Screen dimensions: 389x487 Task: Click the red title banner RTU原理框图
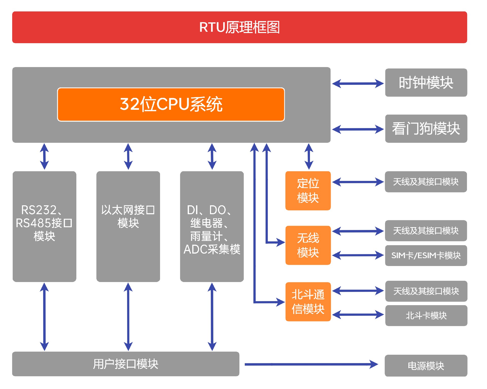[x=239, y=27]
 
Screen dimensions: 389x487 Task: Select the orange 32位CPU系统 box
[x=171, y=104]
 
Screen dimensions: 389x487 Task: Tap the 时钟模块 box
[x=426, y=83]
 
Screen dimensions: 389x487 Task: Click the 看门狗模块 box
[x=426, y=129]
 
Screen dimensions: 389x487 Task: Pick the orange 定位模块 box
[x=308, y=191]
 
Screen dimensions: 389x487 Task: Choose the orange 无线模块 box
[x=308, y=245]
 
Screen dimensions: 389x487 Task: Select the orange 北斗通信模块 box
[x=308, y=302]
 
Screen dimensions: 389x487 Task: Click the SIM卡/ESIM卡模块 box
[x=426, y=255]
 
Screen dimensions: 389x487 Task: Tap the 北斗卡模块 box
[x=426, y=316]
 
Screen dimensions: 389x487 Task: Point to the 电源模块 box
[x=426, y=366]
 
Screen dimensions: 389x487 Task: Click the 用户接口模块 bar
[x=126, y=364]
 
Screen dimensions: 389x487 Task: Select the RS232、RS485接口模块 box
[x=44, y=226]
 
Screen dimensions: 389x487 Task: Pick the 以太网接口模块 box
[x=128, y=226]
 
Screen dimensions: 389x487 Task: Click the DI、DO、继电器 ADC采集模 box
[x=212, y=226]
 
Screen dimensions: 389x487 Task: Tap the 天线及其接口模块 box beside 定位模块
[x=426, y=182]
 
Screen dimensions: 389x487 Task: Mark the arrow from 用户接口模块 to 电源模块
[x=311, y=364]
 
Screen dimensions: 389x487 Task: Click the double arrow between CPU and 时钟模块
[x=358, y=83]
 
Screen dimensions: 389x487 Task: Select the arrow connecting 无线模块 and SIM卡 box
[x=358, y=255]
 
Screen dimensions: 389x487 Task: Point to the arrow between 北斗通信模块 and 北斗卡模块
[x=358, y=315]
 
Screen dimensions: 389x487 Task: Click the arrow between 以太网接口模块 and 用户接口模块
[x=128, y=317]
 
